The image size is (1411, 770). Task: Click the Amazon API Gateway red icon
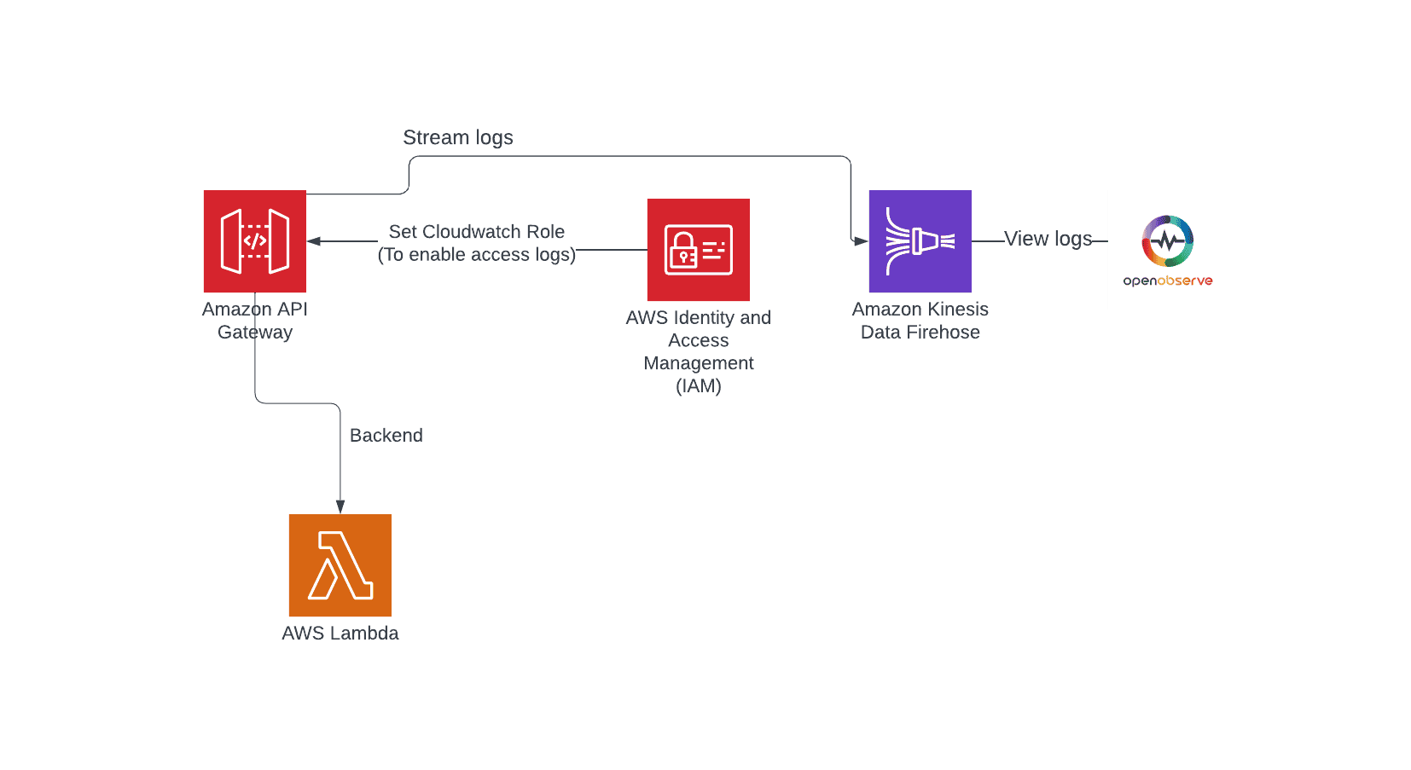[254, 241]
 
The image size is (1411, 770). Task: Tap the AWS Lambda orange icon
[340, 564]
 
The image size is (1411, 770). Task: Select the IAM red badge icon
[698, 250]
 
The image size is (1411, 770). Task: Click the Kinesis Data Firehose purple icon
[920, 241]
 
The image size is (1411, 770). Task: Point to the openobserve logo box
[1167, 250]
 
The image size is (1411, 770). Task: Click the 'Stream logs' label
[457, 137]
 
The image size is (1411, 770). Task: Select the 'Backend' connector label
[386, 435]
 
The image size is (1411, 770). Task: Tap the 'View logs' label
[1048, 239]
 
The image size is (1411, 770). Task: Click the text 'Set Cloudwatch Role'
[476, 232]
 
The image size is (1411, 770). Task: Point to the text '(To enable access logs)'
[476, 255]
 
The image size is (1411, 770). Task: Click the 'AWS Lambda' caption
[340, 633]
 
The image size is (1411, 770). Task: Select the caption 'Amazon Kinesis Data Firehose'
[920, 321]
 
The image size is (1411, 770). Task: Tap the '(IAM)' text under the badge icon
[698, 386]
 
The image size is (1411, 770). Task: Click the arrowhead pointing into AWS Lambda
[340, 507]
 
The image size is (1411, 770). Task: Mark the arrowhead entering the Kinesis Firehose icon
[860, 241]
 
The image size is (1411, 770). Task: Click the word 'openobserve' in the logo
[1167, 281]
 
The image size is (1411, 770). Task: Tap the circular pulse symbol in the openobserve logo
[1167, 240]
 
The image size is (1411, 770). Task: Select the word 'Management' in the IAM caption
[698, 363]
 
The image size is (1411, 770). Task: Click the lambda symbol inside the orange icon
[340, 564]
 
